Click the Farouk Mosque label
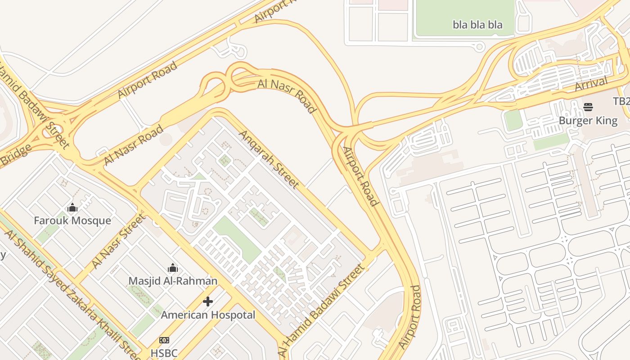(x=72, y=220)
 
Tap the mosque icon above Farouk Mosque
(x=72, y=208)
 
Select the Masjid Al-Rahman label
(x=173, y=281)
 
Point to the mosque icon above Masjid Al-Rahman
(x=173, y=269)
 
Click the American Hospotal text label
(x=208, y=315)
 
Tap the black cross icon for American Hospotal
(x=208, y=301)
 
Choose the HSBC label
(x=164, y=353)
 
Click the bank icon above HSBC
(x=164, y=340)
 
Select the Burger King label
(x=588, y=121)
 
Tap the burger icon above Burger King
(x=588, y=107)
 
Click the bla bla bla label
(x=477, y=25)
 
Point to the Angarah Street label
(x=269, y=159)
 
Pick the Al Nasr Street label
(x=118, y=241)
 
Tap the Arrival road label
(x=591, y=84)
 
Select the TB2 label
(x=621, y=101)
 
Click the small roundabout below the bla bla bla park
(x=480, y=46)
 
